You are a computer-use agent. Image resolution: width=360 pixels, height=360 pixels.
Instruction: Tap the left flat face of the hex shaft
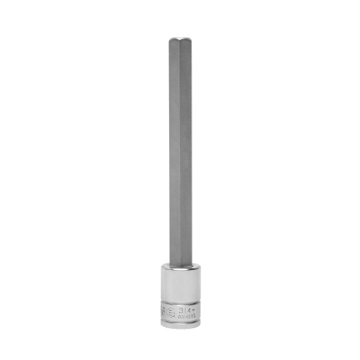pyautogui.click(x=173, y=150)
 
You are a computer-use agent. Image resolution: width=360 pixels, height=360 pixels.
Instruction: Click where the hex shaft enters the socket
pyautogui.click(x=179, y=262)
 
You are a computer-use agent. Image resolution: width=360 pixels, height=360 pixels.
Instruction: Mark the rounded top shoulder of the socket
pyautogui.click(x=179, y=265)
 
